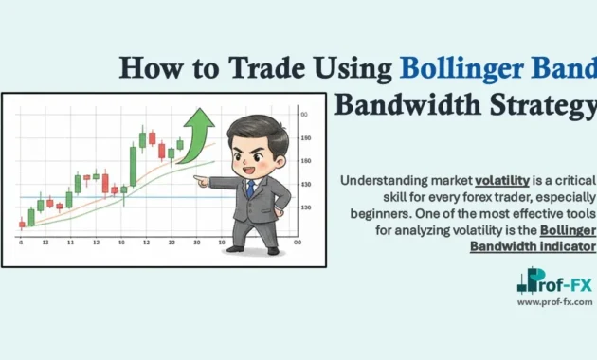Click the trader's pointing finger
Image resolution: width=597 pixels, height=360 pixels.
click(198, 177)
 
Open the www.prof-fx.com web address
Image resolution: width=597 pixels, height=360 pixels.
click(555, 302)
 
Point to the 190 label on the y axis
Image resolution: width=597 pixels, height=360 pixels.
click(305, 138)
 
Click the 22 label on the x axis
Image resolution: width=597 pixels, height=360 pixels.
click(172, 243)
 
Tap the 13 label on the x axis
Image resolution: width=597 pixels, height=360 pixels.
click(45, 243)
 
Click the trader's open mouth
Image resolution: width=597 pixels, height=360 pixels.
click(248, 165)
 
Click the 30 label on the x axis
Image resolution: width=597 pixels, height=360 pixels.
click(196, 243)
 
